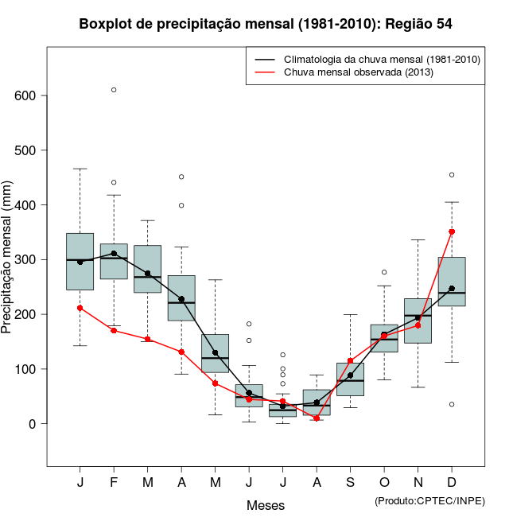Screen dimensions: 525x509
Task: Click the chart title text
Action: click(266, 24)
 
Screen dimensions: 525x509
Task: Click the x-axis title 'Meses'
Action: click(266, 505)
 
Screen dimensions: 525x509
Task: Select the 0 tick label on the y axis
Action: click(33, 424)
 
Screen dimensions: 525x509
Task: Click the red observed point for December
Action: click(452, 231)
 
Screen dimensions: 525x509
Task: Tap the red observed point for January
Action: click(80, 308)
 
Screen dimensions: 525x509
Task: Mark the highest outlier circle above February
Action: click(114, 90)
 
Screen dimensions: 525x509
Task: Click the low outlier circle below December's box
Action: click(452, 405)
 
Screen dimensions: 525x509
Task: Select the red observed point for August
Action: click(317, 418)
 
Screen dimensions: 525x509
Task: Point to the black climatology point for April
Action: click(181, 299)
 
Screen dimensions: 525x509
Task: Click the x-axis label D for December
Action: click(452, 483)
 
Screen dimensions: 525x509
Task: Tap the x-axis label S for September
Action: click(350, 483)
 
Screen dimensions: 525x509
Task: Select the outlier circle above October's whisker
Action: click(384, 273)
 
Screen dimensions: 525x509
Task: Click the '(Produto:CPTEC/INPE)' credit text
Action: click(429, 500)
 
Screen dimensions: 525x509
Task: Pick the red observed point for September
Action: click(350, 360)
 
